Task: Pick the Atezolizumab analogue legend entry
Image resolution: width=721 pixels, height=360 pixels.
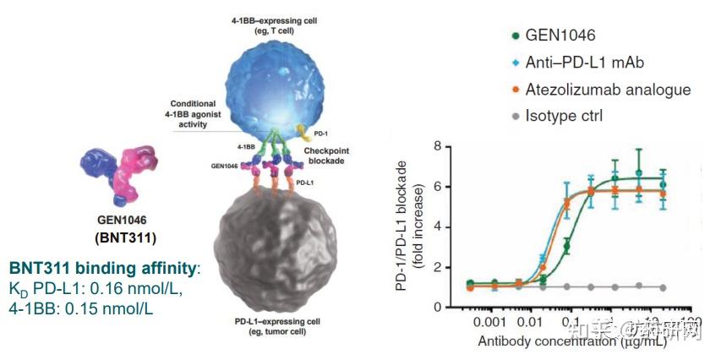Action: click(x=607, y=89)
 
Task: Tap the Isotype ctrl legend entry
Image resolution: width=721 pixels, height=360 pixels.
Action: click(x=564, y=115)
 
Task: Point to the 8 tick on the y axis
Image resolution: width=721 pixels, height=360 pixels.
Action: click(x=439, y=145)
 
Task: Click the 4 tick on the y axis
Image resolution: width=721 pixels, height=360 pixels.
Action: click(x=439, y=226)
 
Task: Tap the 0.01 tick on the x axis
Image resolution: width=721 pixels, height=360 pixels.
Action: click(x=530, y=322)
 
